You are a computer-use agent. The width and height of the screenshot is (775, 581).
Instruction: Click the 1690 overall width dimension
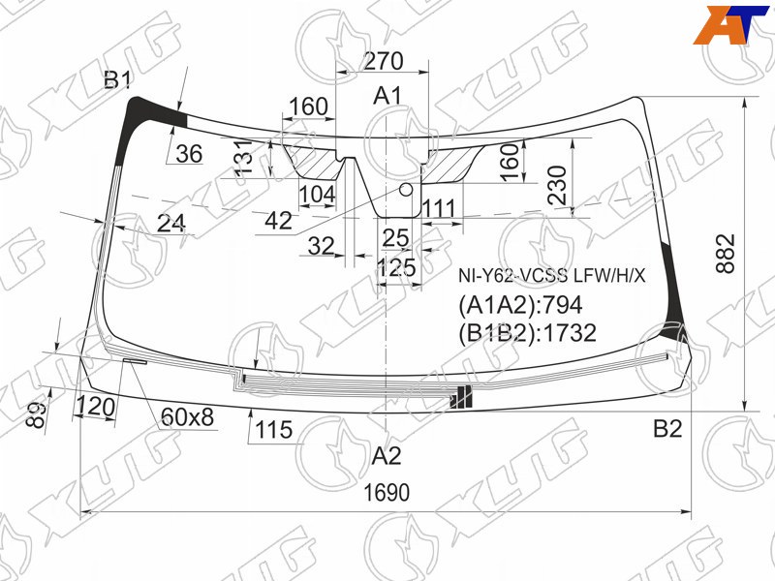coord(387,493)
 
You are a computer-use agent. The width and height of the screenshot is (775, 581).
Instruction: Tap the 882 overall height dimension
coord(726,254)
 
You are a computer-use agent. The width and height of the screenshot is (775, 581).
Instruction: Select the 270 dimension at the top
coord(384,61)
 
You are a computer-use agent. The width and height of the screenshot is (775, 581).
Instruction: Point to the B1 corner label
coord(117,79)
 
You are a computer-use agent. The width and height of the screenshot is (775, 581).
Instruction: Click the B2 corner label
coord(667,428)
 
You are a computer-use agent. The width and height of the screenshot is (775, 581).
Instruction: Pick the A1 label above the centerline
coord(387,95)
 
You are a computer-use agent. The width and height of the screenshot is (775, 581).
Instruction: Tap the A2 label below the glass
coord(387,455)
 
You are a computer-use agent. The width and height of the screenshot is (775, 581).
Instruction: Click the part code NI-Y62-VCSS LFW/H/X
coord(551,276)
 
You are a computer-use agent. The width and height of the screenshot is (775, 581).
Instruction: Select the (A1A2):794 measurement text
coord(520,305)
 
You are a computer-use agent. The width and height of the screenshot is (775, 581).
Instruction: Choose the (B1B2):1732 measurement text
coord(527,332)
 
